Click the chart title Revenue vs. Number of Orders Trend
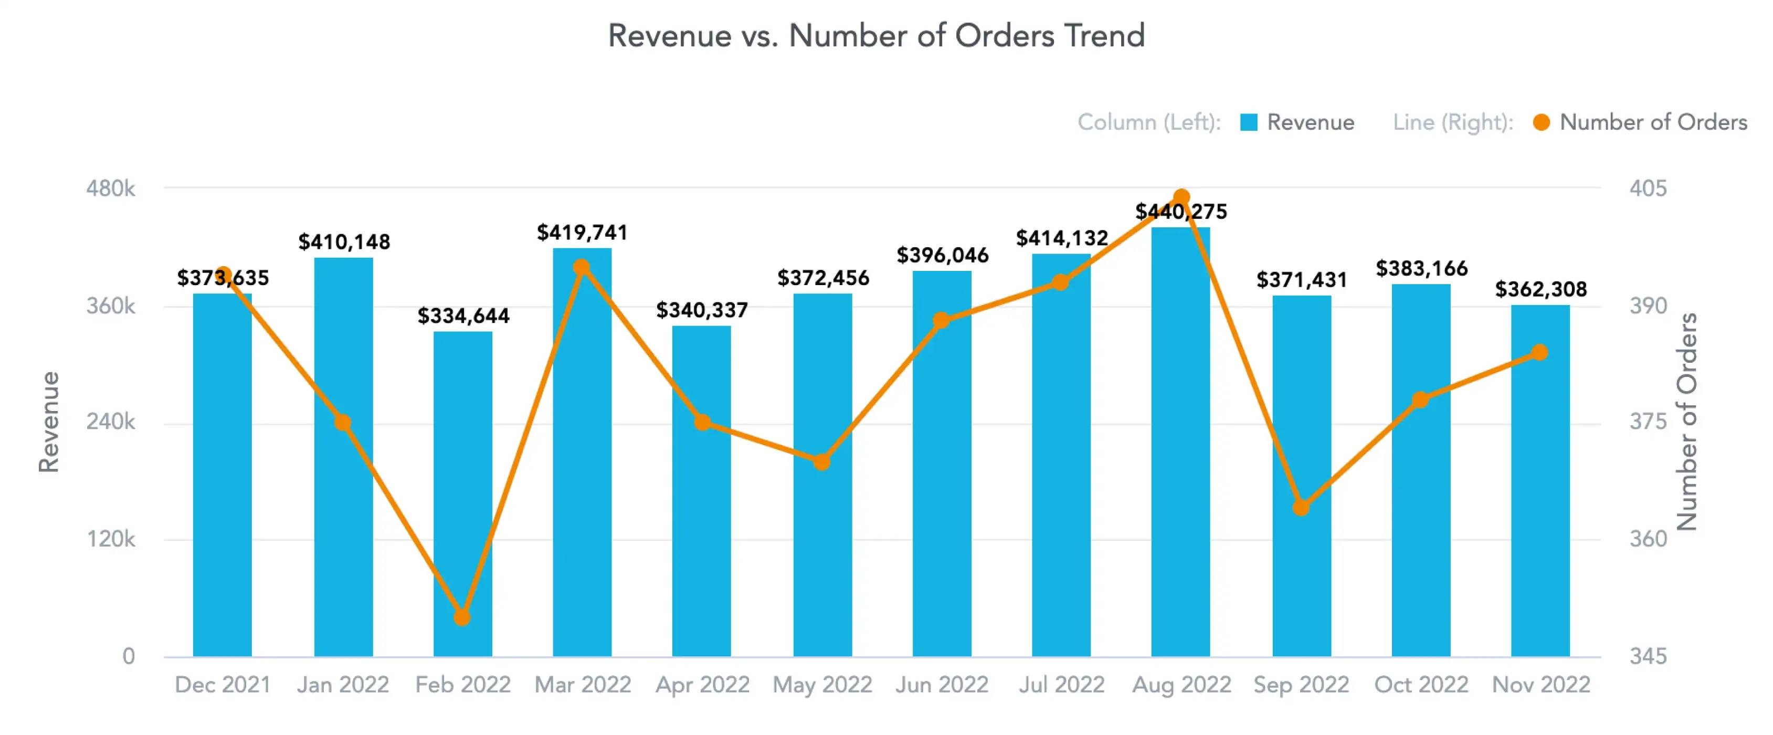coord(876,36)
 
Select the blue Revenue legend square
coord(1249,122)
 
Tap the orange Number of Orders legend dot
coord(1542,122)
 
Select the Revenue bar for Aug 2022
coord(1180,440)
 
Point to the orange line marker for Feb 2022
coord(462,617)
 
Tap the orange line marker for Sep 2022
coord(1301,508)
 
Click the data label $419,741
coord(582,233)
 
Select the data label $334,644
coord(463,316)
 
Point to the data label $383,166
coord(1421,268)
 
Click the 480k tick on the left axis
coord(110,188)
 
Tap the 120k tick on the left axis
coord(110,539)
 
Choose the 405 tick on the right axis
coord(1648,188)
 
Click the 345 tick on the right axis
coord(1648,656)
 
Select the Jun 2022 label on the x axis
coord(942,685)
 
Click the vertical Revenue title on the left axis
coord(48,422)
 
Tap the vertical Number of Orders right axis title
coord(1686,422)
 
